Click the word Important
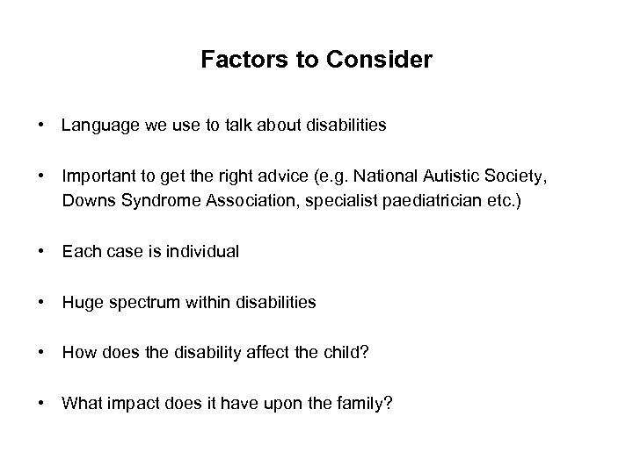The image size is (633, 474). pos(95,176)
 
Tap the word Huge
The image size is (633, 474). pos(79,303)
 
